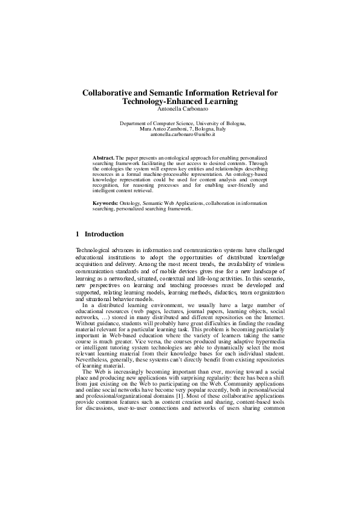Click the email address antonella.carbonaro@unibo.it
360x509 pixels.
click(x=179, y=135)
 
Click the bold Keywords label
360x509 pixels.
click(x=105, y=203)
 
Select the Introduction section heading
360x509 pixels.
click(x=104, y=234)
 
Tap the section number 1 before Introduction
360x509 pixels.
click(x=77, y=234)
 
